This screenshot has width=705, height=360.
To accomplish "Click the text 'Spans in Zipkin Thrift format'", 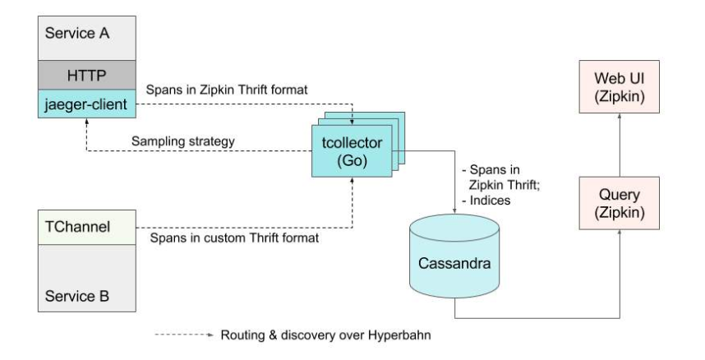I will click(226, 88).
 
